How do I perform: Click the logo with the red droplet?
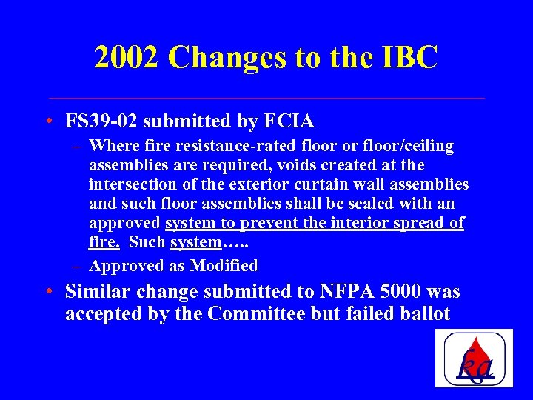[x=474, y=358]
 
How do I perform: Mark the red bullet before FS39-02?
[x=48, y=121]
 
